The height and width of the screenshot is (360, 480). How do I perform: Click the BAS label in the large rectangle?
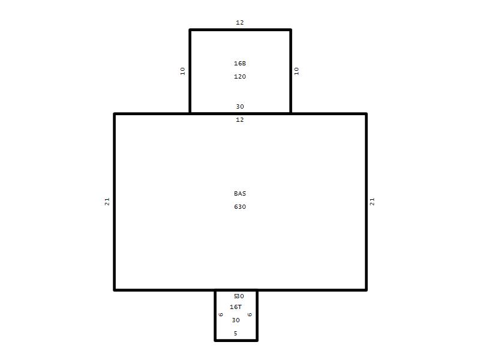(239, 193)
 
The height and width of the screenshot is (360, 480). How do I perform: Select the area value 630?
(239, 206)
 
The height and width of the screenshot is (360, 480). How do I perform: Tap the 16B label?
(239, 64)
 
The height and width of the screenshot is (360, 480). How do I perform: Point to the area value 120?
(239, 77)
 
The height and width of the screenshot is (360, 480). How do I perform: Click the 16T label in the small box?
(236, 307)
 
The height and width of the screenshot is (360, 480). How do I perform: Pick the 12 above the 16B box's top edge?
(239, 22)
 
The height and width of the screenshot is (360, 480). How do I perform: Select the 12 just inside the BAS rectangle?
(239, 119)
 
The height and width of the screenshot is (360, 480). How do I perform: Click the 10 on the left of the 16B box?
(183, 71)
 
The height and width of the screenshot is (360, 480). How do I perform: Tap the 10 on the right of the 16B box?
(296, 71)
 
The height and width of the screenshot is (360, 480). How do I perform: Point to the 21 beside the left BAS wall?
(107, 202)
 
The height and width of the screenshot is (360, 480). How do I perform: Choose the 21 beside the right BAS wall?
(372, 202)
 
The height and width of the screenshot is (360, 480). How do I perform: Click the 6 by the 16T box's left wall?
(221, 314)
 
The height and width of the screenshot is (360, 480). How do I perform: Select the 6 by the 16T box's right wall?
(250, 314)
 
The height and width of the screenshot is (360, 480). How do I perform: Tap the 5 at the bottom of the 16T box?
(235, 334)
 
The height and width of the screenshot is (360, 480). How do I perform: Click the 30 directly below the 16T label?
(236, 320)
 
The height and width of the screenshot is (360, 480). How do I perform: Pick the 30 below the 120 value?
(239, 107)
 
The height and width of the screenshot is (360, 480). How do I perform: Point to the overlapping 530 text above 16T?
(239, 296)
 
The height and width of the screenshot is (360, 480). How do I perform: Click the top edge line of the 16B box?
(241, 30)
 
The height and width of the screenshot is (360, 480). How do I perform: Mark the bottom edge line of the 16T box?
(236, 340)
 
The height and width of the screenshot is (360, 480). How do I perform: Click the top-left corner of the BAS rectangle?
(115, 114)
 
